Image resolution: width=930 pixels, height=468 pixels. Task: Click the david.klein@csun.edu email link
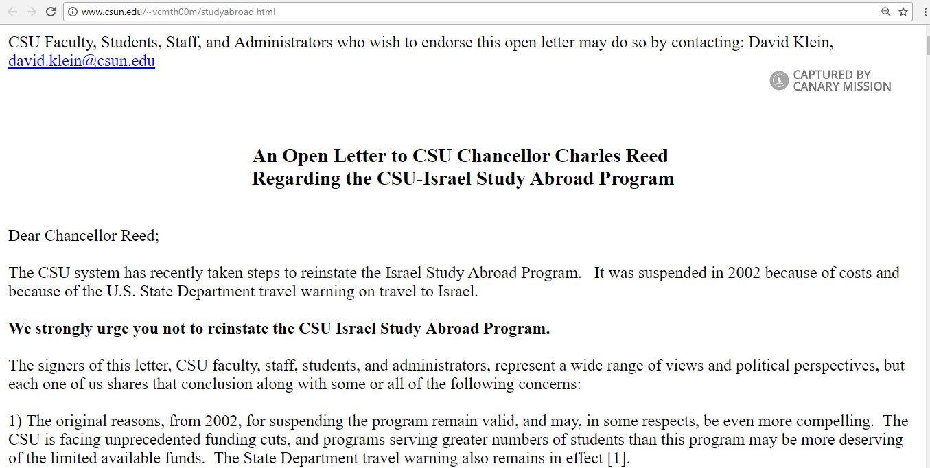coord(82,61)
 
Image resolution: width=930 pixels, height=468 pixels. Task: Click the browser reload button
coord(51,12)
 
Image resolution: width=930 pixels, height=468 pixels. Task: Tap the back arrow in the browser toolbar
coord(12,12)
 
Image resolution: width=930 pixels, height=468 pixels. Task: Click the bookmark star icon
coord(903,12)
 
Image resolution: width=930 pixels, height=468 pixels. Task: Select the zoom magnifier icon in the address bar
coord(886,12)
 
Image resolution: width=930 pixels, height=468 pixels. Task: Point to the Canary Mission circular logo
coord(779,81)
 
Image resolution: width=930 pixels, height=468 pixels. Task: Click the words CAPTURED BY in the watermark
coord(832,75)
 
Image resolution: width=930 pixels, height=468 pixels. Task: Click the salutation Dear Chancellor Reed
coord(84,236)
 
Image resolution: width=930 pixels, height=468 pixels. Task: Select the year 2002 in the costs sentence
coord(745,272)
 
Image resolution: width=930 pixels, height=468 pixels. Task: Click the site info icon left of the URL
coord(73,12)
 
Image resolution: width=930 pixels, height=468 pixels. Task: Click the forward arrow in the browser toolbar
coord(31,12)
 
